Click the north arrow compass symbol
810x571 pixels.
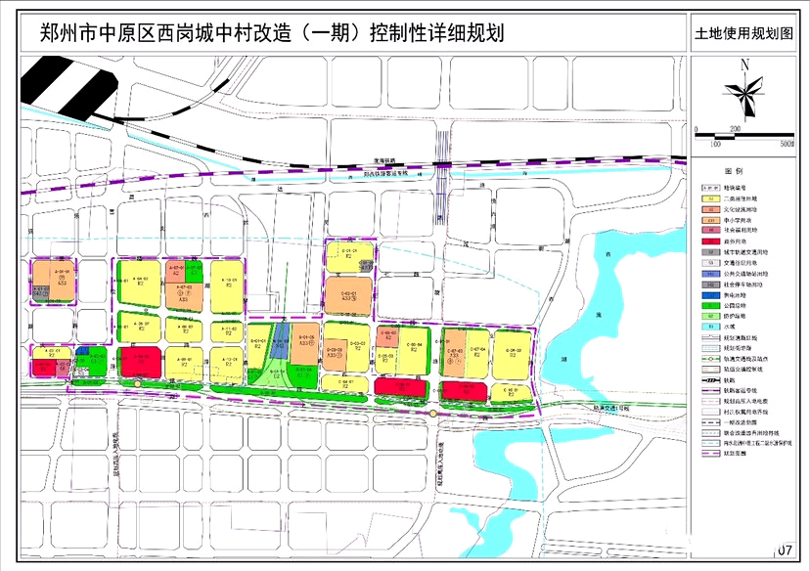click(x=745, y=94)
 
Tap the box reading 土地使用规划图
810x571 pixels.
click(x=750, y=32)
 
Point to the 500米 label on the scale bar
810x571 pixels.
click(x=785, y=143)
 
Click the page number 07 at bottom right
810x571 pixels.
click(x=785, y=552)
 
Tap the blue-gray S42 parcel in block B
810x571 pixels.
click(x=278, y=339)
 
